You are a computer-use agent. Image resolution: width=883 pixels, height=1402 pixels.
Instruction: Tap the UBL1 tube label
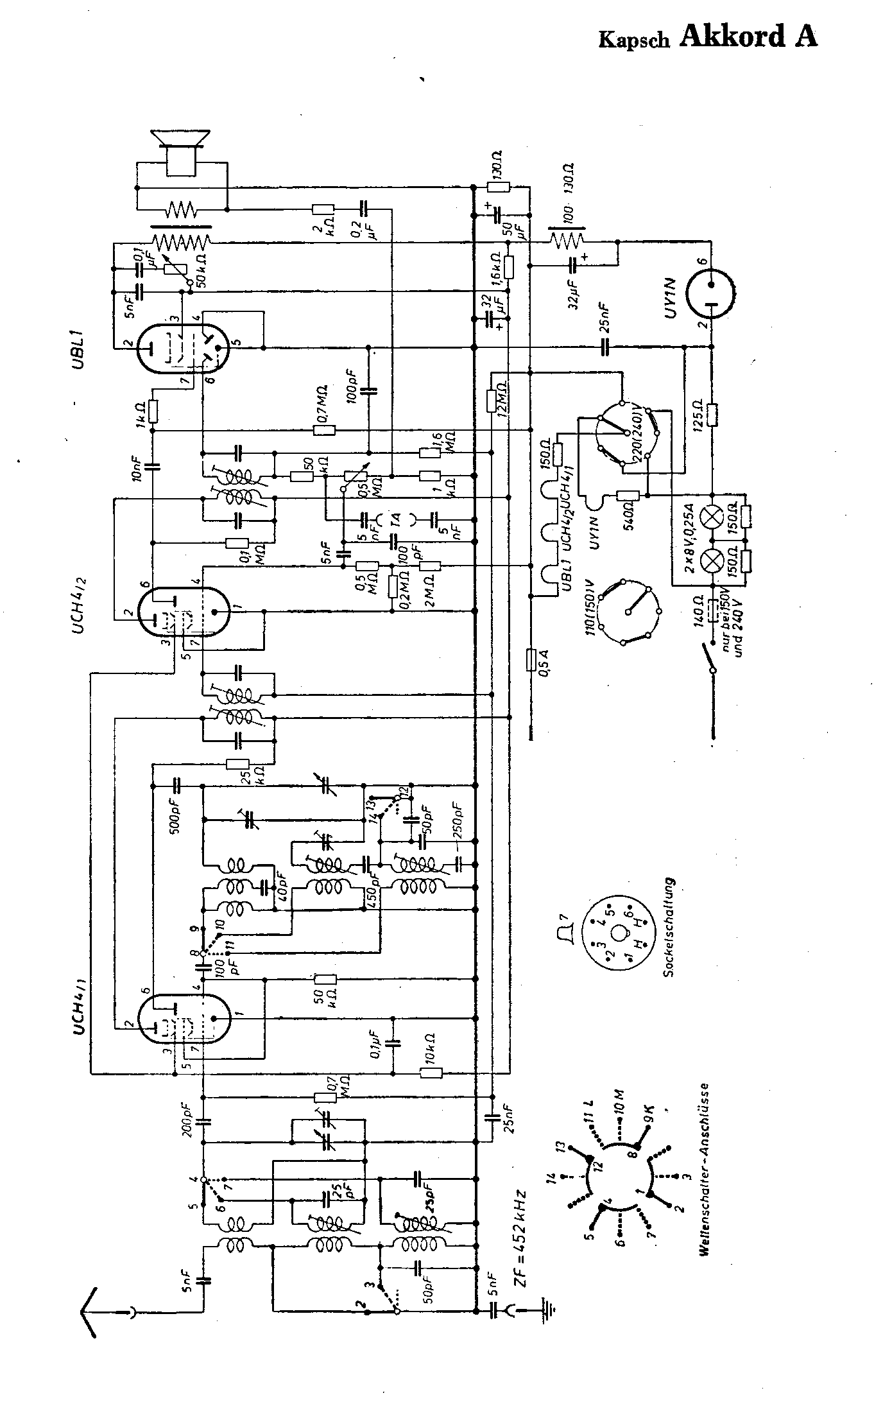(78, 350)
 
